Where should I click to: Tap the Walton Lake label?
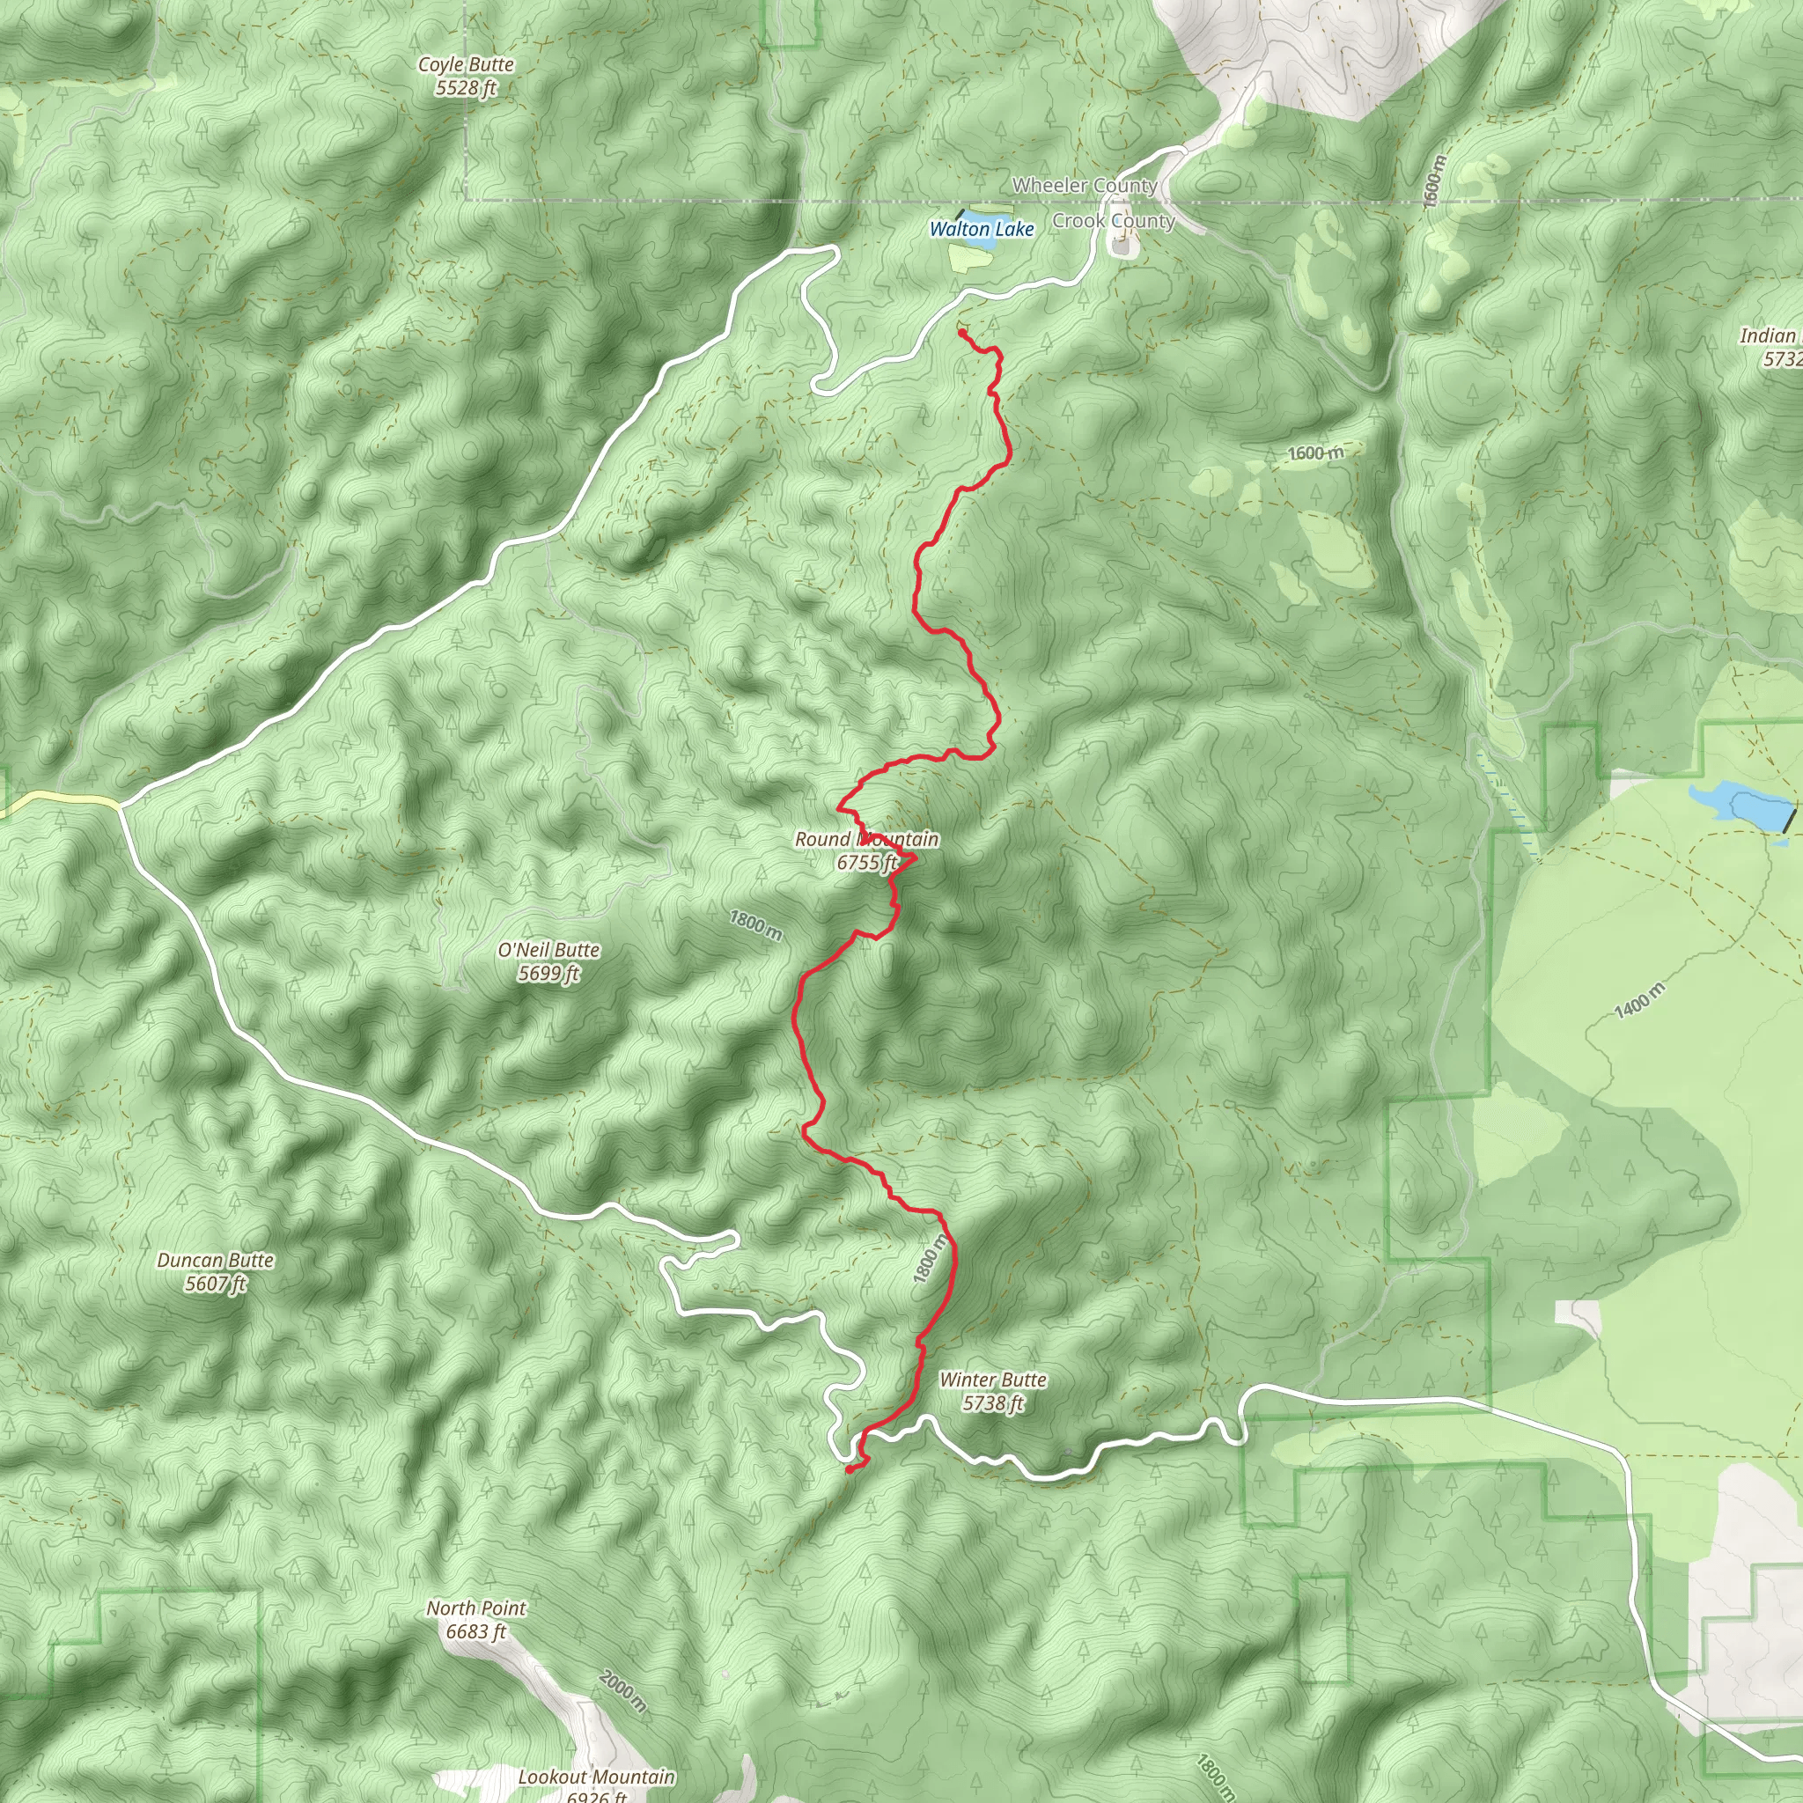click(x=982, y=230)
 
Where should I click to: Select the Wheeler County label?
click(x=1085, y=186)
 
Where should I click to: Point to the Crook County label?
click(x=1114, y=221)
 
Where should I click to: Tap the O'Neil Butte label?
click(x=548, y=961)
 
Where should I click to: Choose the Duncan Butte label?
click(x=216, y=1272)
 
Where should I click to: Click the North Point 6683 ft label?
click(x=476, y=1620)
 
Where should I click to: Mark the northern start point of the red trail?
click(x=961, y=333)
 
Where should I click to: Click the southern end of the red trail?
click(x=849, y=1471)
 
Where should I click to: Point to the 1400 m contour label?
click(x=1638, y=1001)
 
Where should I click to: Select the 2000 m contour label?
click(x=622, y=1692)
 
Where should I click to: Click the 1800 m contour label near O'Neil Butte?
click(x=756, y=925)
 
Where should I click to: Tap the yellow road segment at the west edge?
click(x=56, y=799)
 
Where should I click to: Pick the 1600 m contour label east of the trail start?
click(x=1316, y=453)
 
